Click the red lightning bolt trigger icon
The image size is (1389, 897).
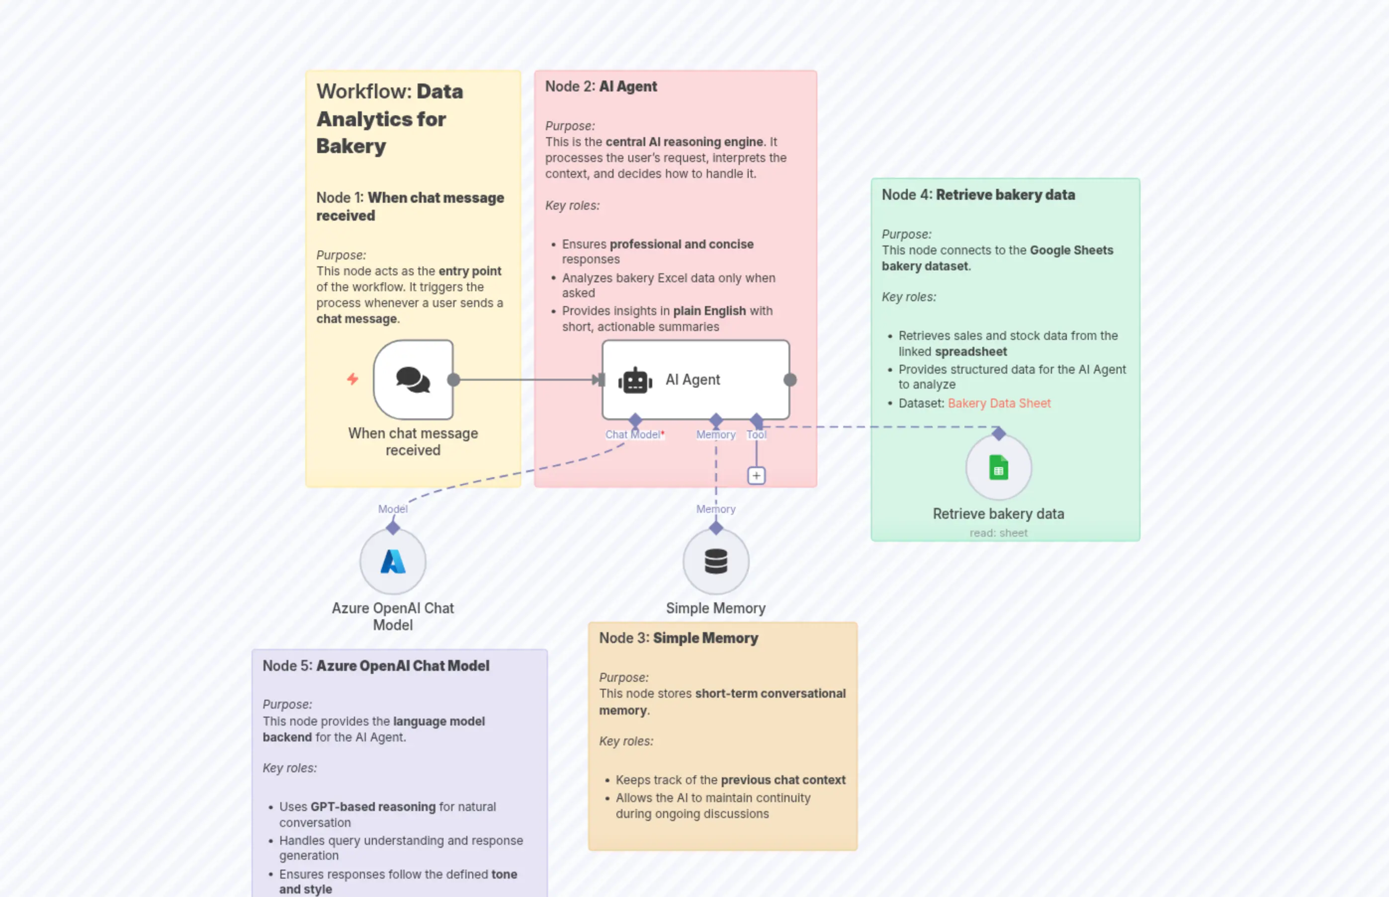click(352, 379)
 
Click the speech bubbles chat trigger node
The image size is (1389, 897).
click(413, 380)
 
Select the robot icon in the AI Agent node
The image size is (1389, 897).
click(635, 380)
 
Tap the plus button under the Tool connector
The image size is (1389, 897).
click(756, 476)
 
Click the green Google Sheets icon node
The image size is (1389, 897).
click(999, 468)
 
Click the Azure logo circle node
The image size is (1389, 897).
click(393, 562)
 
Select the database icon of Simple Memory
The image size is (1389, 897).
click(715, 562)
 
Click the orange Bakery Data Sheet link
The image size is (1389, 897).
click(999, 403)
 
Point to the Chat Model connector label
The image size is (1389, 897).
click(633, 434)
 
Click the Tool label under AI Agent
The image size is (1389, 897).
click(756, 434)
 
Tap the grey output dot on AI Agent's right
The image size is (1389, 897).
click(790, 380)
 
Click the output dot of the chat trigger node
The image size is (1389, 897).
click(453, 380)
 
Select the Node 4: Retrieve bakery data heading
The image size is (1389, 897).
click(978, 194)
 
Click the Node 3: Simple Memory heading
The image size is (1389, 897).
click(678, 638)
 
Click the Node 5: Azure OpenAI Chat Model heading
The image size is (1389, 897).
click(376, 666)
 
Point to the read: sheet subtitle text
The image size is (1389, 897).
click(998, 533)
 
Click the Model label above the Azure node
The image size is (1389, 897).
click(393, 509)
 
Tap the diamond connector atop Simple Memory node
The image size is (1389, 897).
click(715, 528)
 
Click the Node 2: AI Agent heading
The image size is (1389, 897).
click(601, 86)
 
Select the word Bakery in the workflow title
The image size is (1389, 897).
click(351, 146)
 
